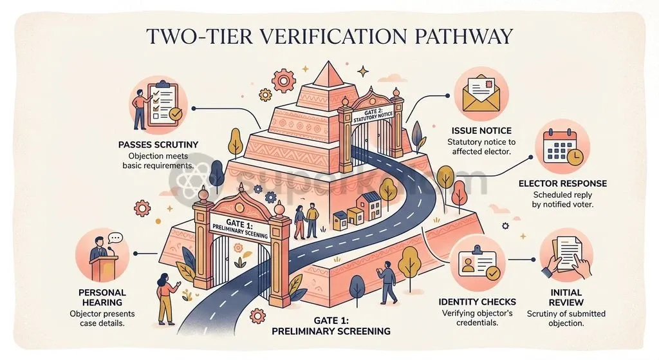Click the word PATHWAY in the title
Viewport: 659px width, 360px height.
(463, 36)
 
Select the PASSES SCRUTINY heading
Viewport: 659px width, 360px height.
(158, 145)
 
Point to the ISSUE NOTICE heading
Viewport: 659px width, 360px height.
(481, 131)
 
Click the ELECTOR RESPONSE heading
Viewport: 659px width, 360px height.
(562, 184)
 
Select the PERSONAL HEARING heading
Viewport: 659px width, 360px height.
(102, 298)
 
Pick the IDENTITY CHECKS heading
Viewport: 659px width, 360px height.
(477, 302)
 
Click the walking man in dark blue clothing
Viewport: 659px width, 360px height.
(388, 282)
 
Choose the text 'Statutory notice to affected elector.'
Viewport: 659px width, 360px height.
(481, 146)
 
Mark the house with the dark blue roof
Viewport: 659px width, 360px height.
(369, 205)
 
